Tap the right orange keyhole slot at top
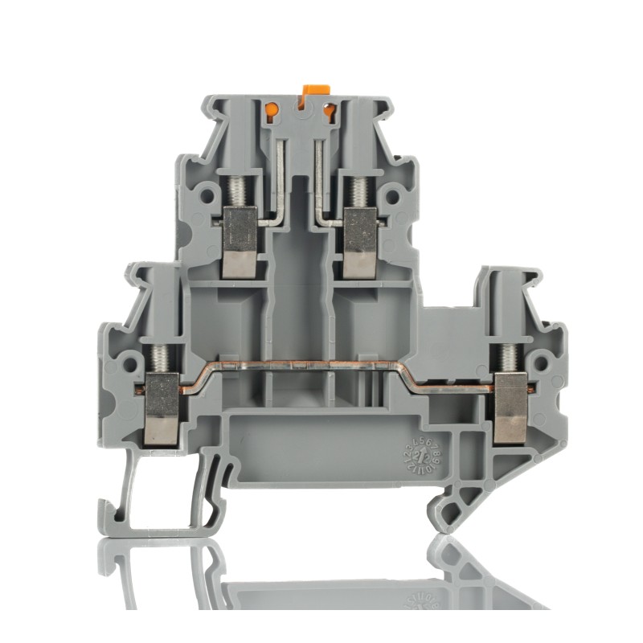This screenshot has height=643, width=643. pyautogui.click(x=330, y=113)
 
